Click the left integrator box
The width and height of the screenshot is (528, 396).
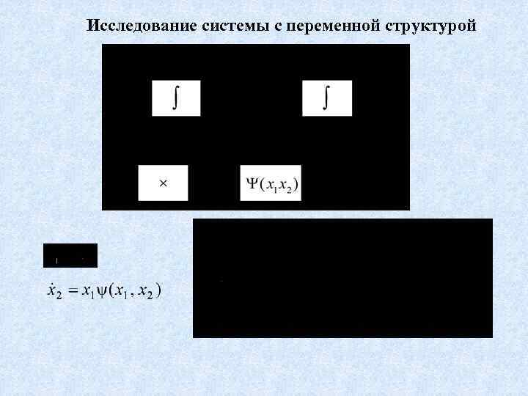[x=176, y=98]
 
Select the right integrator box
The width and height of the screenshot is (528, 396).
[x=327, y=98]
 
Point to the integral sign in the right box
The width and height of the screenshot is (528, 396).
[x=325, y=98]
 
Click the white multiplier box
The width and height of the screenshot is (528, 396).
[x=163, y=183]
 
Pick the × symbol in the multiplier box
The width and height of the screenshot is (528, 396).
[x=163, y=183]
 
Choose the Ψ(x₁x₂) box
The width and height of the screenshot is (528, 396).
[x=271, y=183]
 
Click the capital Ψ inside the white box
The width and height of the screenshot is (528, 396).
[x=252, y=183]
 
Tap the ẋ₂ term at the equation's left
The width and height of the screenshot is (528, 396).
[x=54, y=291]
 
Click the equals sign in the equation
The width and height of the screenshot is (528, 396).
[x=72, y=291]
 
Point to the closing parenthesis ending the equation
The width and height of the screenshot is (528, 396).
[x=159, y=291]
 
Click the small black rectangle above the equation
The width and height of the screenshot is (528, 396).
[x=70, y=255]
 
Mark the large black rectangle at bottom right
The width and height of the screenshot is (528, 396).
[x=342, y=278]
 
